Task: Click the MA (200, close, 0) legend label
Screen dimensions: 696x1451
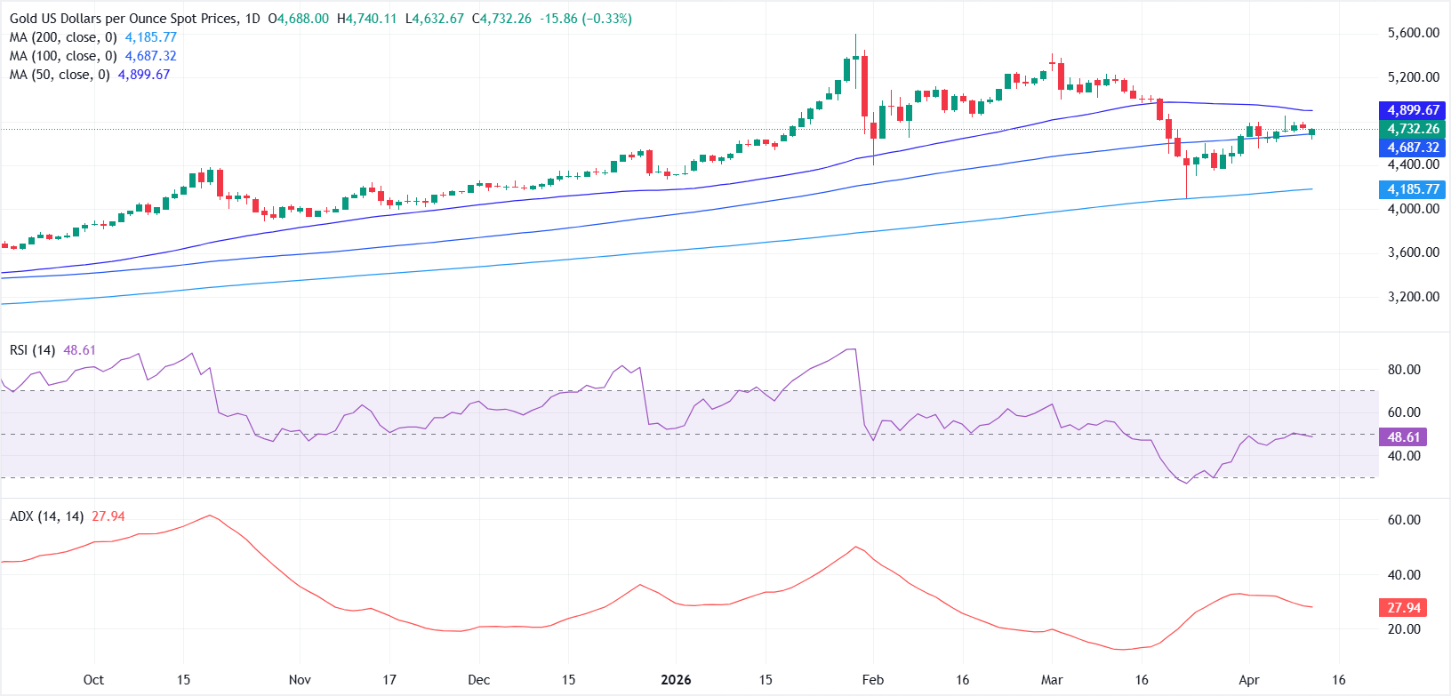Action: [63, 37]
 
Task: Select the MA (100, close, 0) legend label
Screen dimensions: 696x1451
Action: [63, 56]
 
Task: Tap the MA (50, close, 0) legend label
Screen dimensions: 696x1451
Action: [60, 75]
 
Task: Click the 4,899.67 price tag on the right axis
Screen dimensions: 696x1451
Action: [1413, 110]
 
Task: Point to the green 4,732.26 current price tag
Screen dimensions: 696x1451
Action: [1413, 129]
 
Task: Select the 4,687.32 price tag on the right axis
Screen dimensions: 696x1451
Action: [1413, 148]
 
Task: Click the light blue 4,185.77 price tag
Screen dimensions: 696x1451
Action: [1413, 189]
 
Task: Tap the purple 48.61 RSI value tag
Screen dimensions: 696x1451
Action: [1403, 436]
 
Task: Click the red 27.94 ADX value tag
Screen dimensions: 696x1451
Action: [1403, 608]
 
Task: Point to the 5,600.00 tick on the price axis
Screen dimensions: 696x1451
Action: [1413, 33]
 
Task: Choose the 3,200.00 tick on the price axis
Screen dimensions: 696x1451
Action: [1413, 297]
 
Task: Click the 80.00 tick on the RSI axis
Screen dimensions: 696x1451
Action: [1404, 370]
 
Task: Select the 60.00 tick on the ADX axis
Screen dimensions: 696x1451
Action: [1404, 520]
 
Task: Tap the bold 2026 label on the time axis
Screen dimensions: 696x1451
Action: [676, 680]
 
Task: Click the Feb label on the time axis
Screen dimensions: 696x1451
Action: [873, 680]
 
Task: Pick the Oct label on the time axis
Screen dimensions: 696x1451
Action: [93, 680]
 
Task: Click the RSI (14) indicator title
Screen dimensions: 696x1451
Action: [32, 350]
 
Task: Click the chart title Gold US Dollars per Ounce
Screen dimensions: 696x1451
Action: [124, 19]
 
